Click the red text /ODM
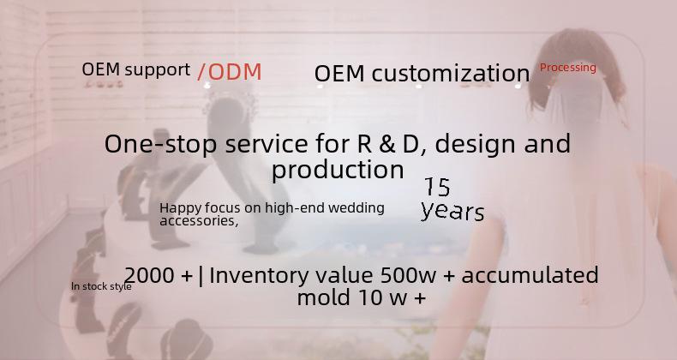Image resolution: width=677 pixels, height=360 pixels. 230,72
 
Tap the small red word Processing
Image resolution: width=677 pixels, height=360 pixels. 568,68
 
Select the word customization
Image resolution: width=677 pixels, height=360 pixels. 451,73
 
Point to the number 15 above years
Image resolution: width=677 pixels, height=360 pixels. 437,187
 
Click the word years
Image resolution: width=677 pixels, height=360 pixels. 452,211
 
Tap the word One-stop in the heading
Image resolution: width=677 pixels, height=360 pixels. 160,144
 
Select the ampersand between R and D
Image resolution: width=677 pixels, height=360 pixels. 386,144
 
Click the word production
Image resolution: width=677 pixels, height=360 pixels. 338,171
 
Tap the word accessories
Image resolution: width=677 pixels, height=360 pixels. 199,221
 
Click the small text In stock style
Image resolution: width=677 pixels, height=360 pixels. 101,286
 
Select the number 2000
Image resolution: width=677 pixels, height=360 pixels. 149,275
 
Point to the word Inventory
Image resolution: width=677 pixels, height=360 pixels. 261,275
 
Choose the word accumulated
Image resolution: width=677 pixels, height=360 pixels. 530,275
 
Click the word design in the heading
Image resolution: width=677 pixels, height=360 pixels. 475,145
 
